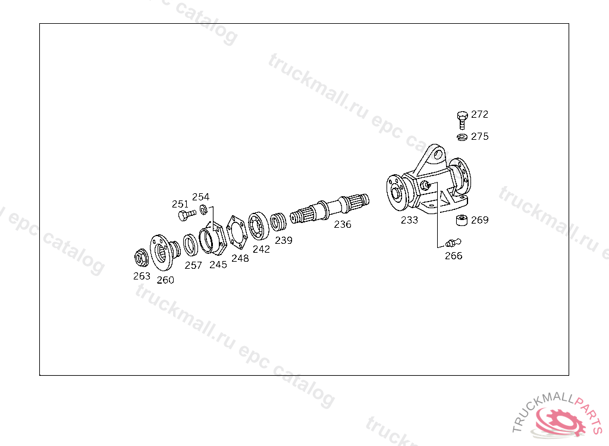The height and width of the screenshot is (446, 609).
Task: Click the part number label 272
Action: [x=479, y=114]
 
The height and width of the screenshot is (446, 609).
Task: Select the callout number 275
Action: [x=480, y=136]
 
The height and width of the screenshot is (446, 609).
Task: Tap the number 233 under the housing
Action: [x=409, y=220]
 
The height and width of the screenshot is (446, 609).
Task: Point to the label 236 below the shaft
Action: [x=343, y=224]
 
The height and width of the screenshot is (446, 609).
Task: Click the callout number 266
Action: [x=454, y=256]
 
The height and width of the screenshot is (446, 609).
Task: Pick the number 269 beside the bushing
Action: [x=480, y=220]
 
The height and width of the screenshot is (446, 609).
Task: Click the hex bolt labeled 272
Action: [x=462, y=120]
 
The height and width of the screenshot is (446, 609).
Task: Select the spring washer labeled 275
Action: [x=462, y=137]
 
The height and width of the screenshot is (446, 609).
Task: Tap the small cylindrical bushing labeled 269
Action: [x=462, y=220]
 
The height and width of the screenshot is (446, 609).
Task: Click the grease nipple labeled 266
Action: [x=453, y=243]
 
